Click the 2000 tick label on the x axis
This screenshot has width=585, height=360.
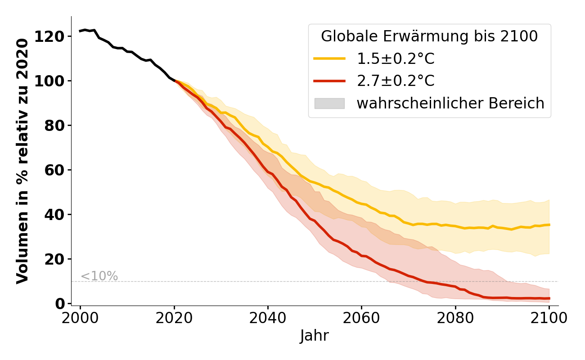[x=80, y=318]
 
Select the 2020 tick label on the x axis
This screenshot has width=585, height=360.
[x=174, y=318]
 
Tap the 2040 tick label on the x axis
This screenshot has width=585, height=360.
[x=268, y=318]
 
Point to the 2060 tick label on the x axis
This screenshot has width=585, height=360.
[x=361, y=318]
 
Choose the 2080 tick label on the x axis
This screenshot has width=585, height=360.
[x=455, y=318]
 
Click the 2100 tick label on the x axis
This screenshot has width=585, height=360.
[x=549, y=318]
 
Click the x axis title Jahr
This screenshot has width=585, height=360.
[x=315, y=336]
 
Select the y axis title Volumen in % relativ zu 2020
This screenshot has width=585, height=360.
[x=22, y=161]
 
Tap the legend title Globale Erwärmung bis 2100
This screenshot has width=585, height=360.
[x=429, y=36]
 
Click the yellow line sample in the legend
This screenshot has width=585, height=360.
[x=329, y=58]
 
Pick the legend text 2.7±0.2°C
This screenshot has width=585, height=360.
[x=396, y=81]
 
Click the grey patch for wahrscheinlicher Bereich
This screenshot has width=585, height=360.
[x=329, y=103]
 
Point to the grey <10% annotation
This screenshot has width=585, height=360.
[x=99, y=276]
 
